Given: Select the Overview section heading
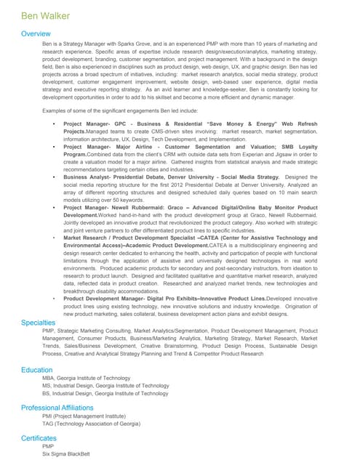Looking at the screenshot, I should click(x=36, y=34).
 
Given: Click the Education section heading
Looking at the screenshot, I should click(x=37, y=370).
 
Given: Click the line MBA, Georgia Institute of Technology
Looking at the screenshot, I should click(x=87, y=379).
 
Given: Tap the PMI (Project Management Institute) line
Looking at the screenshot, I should click(x=84, y=416).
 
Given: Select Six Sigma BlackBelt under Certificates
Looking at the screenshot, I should click(x=66, y=454).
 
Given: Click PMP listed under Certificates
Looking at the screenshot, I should click(x=49, y=447).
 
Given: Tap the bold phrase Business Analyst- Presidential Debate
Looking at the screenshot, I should click(x=116, y=177).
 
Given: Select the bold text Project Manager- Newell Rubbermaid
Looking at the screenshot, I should click(x=116, y=207).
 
